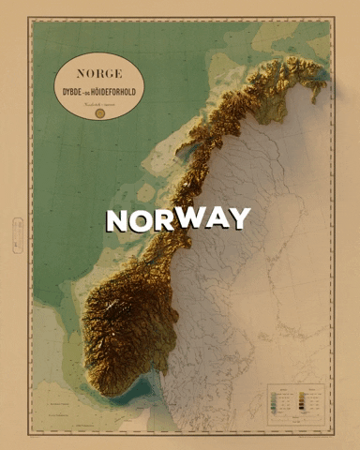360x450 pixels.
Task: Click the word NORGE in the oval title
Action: click(x=98, y=72)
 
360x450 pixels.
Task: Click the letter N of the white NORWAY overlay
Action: click(x=116, y=220)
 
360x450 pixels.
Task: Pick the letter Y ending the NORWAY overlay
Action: click(x=241, y=217)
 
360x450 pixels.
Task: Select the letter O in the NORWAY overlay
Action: click(x=142, y=220)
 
